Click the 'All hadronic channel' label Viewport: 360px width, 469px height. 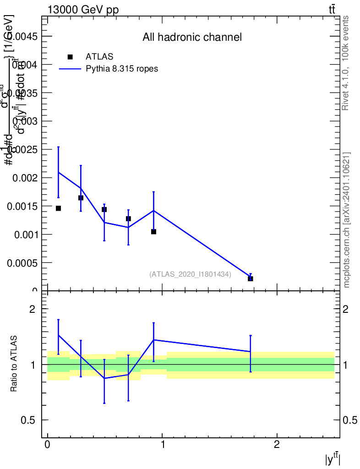click(192, 37)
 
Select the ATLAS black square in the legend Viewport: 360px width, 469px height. click(70, 57)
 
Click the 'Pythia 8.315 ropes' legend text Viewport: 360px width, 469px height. click(122, 69)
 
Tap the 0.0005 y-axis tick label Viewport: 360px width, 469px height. click(22, 263)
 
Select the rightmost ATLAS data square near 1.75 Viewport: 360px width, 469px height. click(251, 278)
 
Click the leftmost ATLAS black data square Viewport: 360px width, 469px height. click(58, 208)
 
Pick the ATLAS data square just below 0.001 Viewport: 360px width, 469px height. click(153, 232)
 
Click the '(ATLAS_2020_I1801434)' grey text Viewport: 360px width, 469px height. click(190, 274)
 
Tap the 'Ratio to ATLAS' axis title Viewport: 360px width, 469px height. click(14, 364)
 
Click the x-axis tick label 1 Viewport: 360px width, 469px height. click(162, 445)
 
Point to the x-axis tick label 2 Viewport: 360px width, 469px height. click(277, 445)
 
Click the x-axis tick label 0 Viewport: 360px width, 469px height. click(47, 445)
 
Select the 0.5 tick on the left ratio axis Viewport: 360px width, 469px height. click(31, 420)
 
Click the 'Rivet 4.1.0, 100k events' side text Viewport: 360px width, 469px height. click(346, 63)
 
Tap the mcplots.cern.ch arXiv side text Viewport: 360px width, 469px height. click(347, 220)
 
